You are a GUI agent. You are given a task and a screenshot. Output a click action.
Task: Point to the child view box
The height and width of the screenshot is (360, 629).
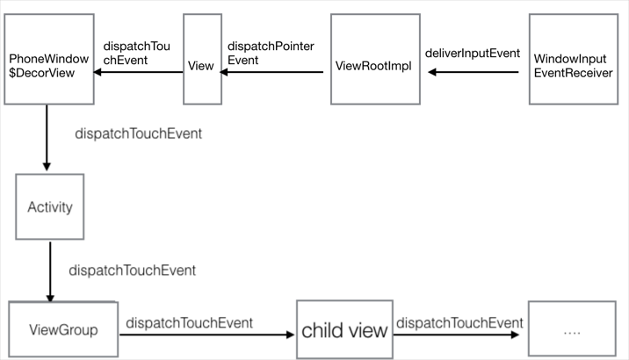343,331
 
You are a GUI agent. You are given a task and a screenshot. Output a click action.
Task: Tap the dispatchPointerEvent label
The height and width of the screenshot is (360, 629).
271,53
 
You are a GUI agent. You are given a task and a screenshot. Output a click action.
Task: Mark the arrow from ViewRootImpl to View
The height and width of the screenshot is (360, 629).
273,74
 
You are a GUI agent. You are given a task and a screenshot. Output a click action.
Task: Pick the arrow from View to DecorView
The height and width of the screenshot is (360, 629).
140,74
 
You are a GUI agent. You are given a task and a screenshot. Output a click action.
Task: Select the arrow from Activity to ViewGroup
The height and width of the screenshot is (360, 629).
49,271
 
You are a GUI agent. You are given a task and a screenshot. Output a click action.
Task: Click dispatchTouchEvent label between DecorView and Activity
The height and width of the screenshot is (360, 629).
140,133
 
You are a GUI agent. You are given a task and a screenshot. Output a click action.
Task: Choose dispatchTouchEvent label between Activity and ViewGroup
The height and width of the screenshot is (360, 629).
132,270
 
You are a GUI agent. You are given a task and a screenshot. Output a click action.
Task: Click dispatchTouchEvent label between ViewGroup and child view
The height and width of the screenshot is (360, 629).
190,323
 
